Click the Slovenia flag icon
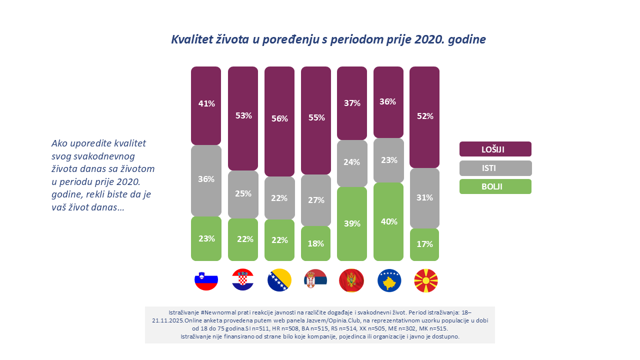tap(206, 280)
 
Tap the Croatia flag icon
tap(243, 280)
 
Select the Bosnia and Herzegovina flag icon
tap(279, 280)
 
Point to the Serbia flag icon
tap(316, 280)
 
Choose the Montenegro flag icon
tap(352, 280)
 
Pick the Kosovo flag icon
tap(388, 280)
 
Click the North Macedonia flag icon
tap(425, 280)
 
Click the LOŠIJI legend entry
tap(495, 149)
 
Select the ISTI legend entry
tap(495, 168)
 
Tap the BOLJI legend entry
tap(495, 186)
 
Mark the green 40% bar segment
tap(388, 221)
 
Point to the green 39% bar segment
tap(352, 223)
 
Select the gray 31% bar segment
tap(424, 198)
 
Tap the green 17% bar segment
tap(424, 244)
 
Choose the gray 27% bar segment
tap(316, 200)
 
